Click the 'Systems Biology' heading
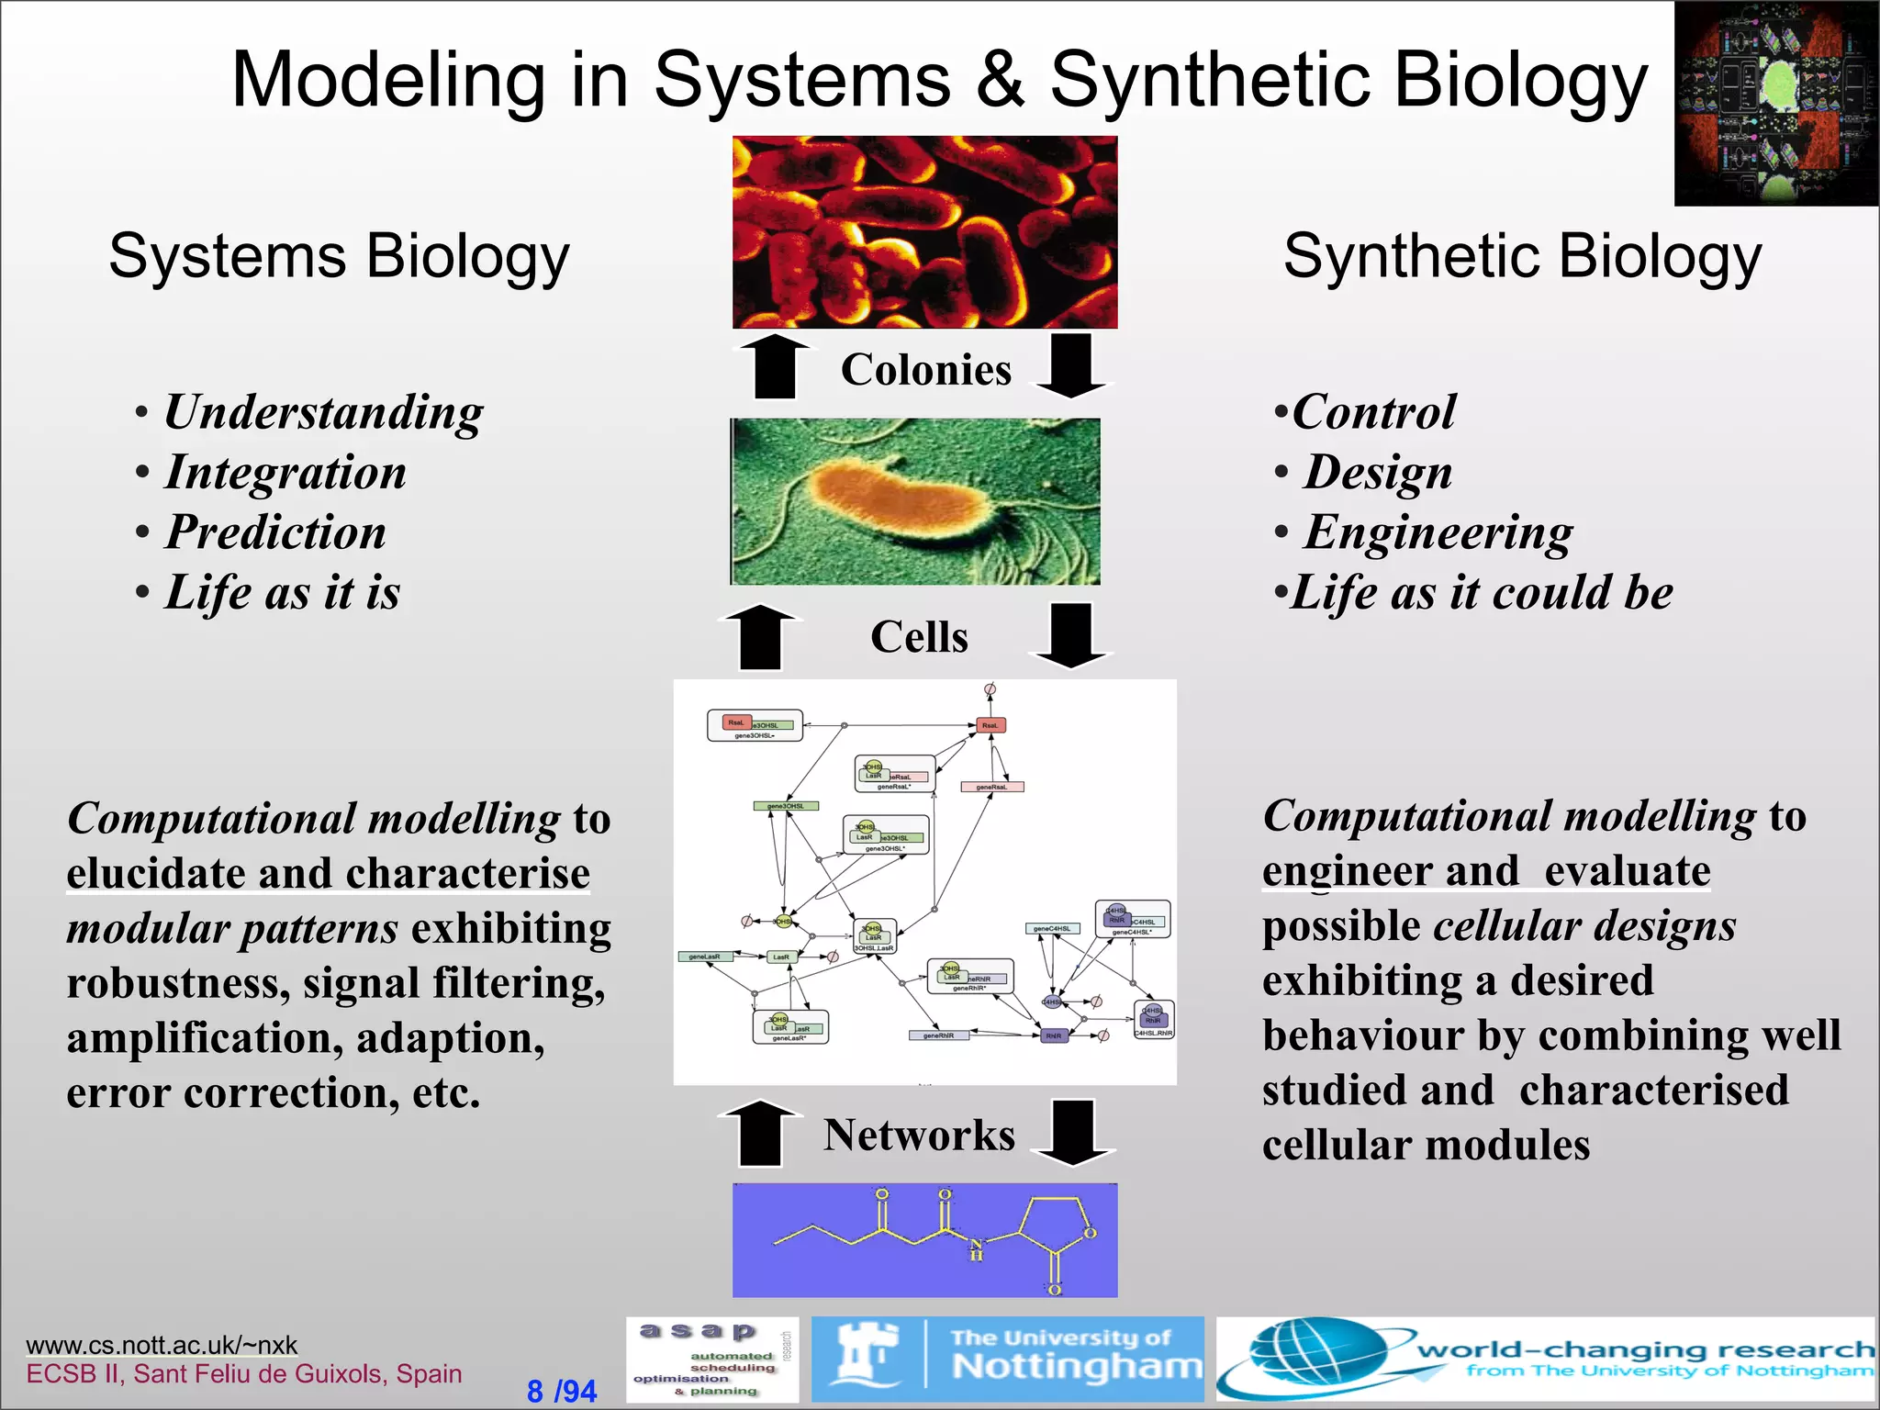point(339,256)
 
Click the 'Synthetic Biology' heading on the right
point(1522,256)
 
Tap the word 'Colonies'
point(925,370)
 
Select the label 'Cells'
point(919,637)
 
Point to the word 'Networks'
point(919,1136)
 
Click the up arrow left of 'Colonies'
point(775,365)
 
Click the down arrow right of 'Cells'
point(1070,634)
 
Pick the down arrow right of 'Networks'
point(1072,1132)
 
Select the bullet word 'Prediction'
point(275,532)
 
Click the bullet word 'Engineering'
point(1438,532)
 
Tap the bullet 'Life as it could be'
point(1481,593)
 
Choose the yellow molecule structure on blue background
point(924,1239)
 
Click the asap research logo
point(711,1360)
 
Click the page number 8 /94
point(561,1391)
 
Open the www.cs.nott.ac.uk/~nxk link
point(162,1345)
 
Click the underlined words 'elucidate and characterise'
point(328,873)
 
